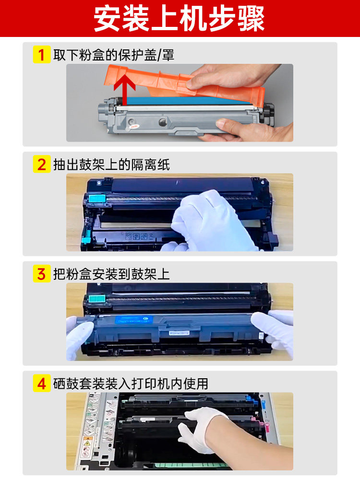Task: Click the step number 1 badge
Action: click(x=42, y=55)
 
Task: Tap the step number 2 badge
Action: click(x=42, y=164)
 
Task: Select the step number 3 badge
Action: click(x=42, y=274)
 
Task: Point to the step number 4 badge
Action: click(x=42, y=383)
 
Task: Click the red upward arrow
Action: click(x=125, y=88)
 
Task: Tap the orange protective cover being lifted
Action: click(x=184, y=83)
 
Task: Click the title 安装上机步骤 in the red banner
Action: click(x=179, y=19)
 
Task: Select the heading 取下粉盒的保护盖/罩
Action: click(x=114, y=55)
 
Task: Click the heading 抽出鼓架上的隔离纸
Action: click(x=111, y=164)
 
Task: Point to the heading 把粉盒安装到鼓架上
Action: click(x=111, y=274)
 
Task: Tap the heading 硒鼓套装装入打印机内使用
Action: click(x=131, y=384)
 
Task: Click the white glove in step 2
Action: click(x=211, y=220)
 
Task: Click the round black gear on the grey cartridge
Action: click(x=163, y=123)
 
